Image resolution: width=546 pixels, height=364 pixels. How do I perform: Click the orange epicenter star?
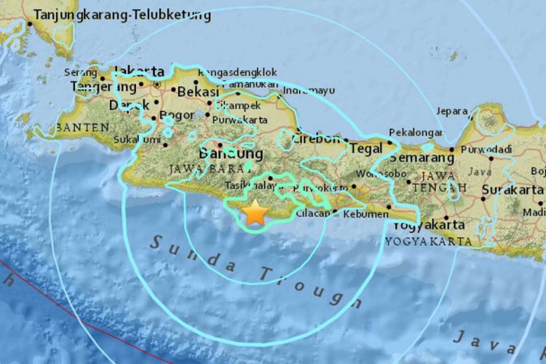coord(256,213)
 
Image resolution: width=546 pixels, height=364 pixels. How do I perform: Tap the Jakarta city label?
coord(139,71)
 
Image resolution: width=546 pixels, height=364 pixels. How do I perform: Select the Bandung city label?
coord(231,154)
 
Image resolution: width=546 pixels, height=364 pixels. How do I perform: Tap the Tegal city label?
coord(365,148)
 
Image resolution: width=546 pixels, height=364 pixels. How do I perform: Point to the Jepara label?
coord(451,111)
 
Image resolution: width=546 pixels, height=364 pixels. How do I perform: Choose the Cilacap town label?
coord(312,213)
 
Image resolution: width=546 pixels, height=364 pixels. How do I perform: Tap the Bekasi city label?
coord(197,93)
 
